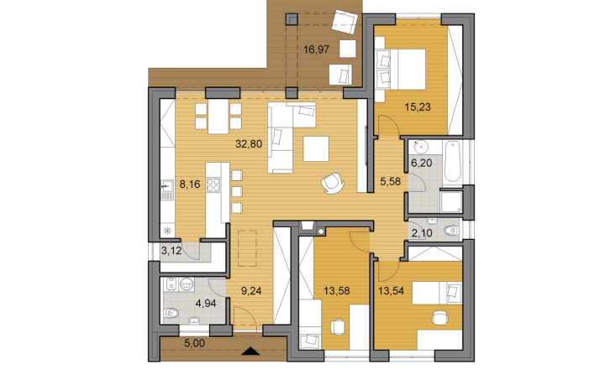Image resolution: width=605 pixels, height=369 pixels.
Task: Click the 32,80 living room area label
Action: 249,144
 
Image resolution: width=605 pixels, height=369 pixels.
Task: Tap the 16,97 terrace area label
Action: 317,49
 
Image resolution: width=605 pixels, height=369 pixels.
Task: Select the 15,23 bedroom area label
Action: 418,107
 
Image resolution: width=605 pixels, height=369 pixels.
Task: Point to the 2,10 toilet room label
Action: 422,232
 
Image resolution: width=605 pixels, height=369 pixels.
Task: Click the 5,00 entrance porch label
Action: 194,343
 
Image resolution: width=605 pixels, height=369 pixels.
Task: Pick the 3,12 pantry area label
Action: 171,251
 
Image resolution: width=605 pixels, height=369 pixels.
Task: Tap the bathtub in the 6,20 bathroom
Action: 452,162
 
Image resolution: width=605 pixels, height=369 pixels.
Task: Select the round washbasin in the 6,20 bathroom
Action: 419,147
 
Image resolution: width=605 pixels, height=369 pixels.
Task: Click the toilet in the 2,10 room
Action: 451,231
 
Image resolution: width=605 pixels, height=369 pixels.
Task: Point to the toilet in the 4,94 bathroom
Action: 171,313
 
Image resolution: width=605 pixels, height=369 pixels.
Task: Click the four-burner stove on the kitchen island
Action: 213,184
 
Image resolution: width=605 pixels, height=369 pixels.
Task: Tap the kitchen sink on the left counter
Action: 167,190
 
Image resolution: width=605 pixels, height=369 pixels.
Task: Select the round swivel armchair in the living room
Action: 333,183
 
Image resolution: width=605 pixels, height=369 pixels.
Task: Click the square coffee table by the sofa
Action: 316,148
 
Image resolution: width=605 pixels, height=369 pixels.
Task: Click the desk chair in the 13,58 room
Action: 338,327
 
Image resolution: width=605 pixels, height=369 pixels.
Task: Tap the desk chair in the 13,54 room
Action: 439,318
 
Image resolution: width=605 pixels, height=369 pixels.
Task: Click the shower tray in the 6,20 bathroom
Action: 451,201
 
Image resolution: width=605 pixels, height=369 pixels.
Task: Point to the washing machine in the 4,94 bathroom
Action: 170,284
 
